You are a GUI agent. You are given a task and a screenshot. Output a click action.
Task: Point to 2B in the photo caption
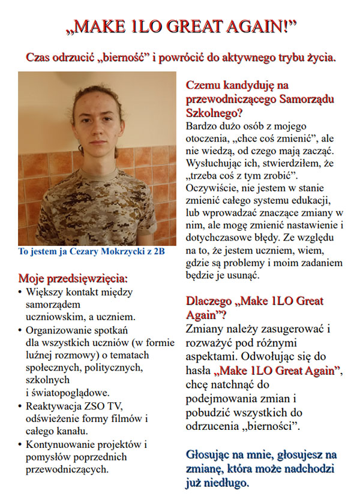pos(158,251)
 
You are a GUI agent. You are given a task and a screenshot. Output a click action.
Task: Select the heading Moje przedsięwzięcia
pos(73,279)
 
